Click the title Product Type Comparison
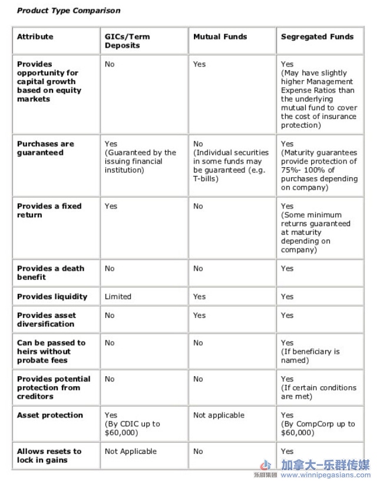click(68, 11)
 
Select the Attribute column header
click(35, 37)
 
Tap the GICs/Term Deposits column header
click(127, 41)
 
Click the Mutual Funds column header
click(220, 37)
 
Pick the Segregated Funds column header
click(317, 37)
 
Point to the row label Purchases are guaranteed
click(45, 148)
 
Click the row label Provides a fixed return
click(49, 210)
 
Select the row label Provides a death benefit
click(50, 273)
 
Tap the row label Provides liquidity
click(52, 297)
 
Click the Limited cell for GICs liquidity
click(118, 297)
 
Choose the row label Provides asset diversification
click(46, 319)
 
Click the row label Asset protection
click(49, 415)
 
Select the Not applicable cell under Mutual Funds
click(219, 415)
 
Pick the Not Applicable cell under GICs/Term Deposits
click(130, 451)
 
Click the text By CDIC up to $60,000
click(132, 428)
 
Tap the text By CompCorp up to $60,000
click(318, 428)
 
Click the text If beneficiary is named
click(310, 356)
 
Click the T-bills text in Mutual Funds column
click(206, 178)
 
